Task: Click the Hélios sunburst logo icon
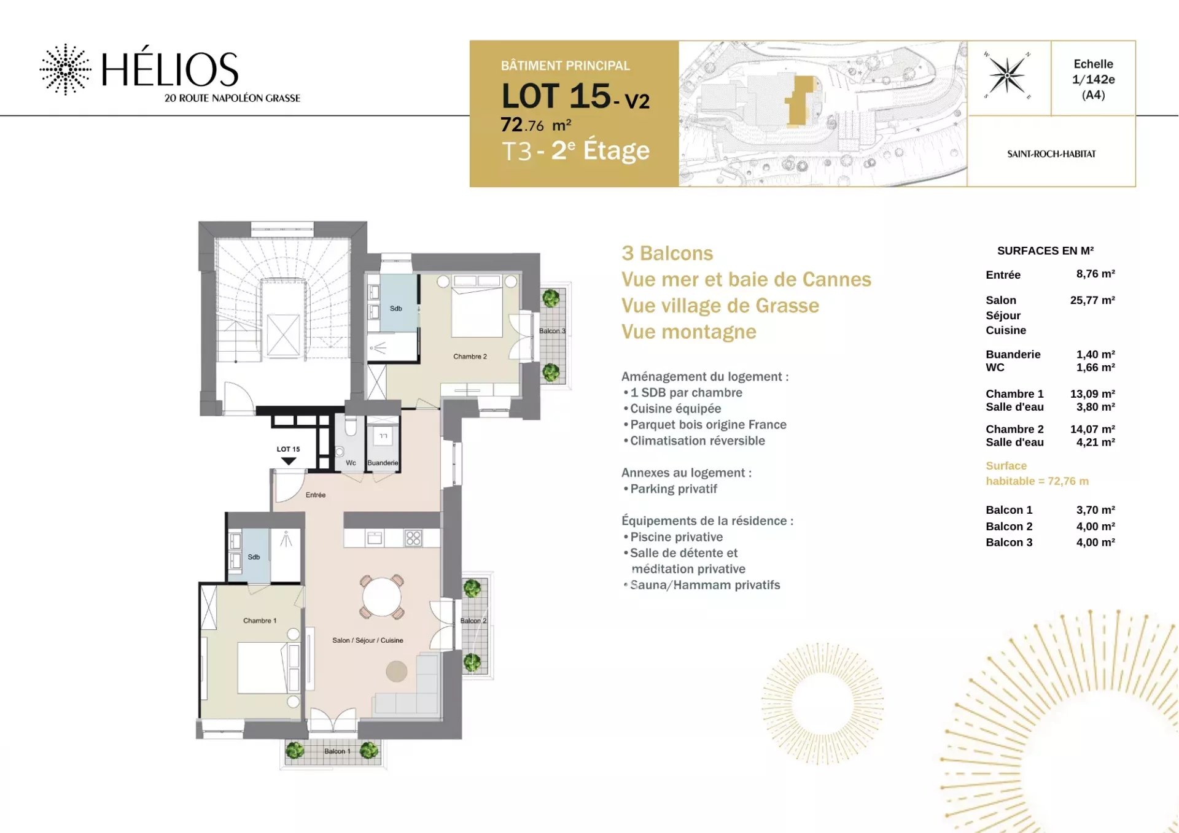(x=66, y=69)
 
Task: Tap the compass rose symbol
(x=1007, y=76)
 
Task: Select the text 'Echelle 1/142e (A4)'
(x=1093, y=79)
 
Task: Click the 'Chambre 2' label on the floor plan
(x=470, y=357)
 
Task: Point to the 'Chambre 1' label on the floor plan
(x=260, y=621)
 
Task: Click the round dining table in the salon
(x=381, y=597)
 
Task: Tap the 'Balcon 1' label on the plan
(x=337, y=751)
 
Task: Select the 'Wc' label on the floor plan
(x=351, y=463)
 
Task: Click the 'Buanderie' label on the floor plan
(x=383, y=463)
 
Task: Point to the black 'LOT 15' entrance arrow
(x=289, y=461)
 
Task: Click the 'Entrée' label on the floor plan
(x=316, y=495)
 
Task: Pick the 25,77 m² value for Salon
(x=1092, y=300)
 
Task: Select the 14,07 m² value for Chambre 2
(x=1092, y=429)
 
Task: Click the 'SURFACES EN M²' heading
(x=1045, y=250)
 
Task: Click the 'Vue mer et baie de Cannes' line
(x=746, y=279)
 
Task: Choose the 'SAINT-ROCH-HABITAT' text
(x=1051, y=154)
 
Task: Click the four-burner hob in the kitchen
(x=413, y=538)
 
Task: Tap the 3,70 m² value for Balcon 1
(x=1095, y=510)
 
